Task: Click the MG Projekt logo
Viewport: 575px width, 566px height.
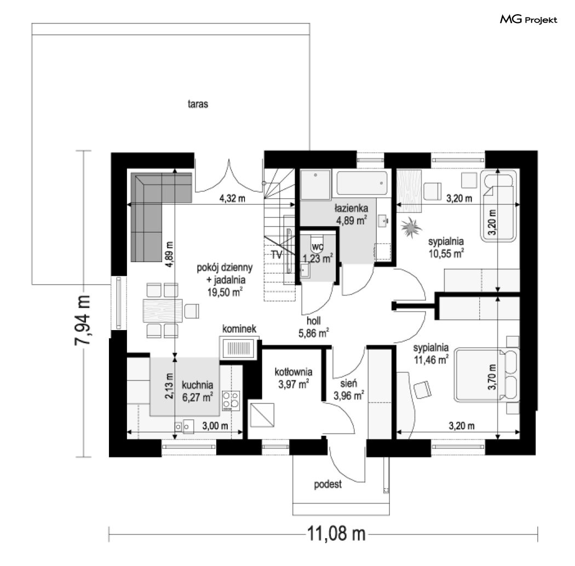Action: (528, 19)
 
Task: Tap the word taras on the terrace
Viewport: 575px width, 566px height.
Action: (198, 104)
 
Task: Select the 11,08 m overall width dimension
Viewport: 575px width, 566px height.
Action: (336, 533)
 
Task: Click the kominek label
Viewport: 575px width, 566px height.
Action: (239, 328)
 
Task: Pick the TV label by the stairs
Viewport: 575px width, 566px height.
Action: (277, 255)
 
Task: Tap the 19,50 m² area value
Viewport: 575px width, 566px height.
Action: (225, 292)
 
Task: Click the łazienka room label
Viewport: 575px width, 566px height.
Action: (351, 208)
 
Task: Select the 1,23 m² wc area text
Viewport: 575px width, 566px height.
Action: (318, 258)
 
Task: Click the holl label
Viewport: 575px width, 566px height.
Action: (314, 321)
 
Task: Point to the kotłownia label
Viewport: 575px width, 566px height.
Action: (294, 372)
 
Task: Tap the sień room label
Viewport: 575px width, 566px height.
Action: (348, 383)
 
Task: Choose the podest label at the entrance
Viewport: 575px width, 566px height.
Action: (328, 484)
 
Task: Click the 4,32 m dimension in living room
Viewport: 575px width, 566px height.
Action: (232, 198)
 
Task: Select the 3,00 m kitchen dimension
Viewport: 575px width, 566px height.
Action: (215, 426)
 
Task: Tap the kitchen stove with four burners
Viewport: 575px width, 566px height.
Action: (231, 401)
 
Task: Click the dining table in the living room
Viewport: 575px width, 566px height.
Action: (163, 311)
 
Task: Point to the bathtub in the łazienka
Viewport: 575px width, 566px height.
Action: (362, 183)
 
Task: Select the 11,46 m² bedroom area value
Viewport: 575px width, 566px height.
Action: (432, 360)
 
